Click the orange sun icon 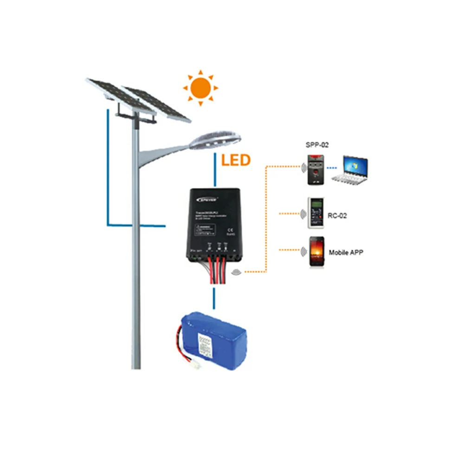(x=200, y=87)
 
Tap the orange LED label (x=235, y=161)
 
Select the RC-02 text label (x=337, y=215)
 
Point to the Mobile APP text (x=346, y=253)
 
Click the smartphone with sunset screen (x=317, y=252)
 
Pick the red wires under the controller (x=216, y=271)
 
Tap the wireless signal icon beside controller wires (x=237, y=272)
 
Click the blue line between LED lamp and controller (x=214, y=170)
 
